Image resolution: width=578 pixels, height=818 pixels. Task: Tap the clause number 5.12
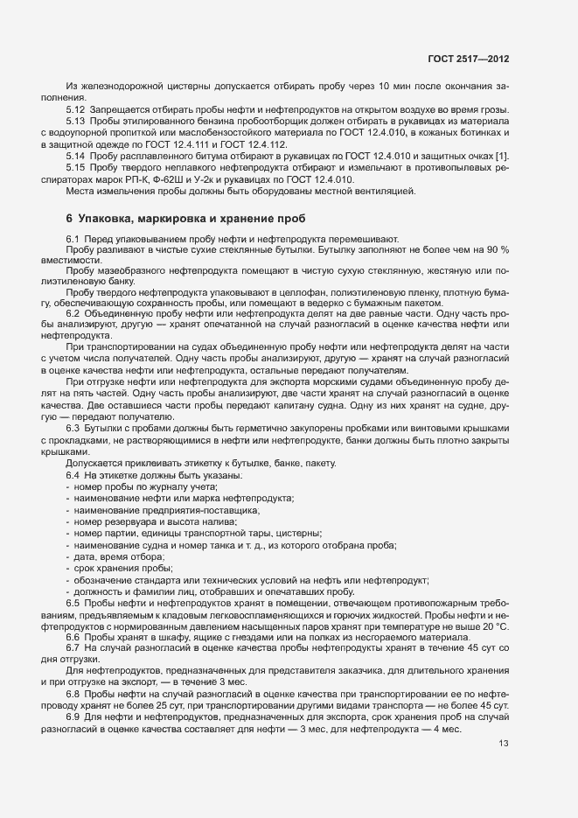click(75, 109)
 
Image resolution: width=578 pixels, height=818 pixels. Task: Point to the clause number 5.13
click(75, 121)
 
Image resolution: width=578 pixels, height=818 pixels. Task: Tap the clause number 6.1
click(73, 239)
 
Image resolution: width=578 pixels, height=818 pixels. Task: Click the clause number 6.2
click(73, 313)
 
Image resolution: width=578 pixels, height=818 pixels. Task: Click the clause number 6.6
click(73, 638)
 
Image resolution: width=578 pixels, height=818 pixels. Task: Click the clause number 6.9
click(73, 717)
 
